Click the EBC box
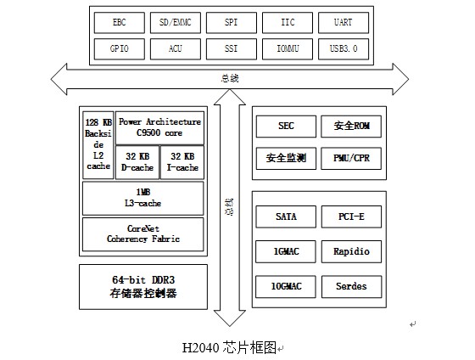(x=120, y=23)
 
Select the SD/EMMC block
(x=176, y=23)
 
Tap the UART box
(x=344, y=23)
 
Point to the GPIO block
(x=120, y=49)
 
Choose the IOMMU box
(x=288, y=49)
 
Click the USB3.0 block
(x=344, y=49)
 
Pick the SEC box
(x=286, y=127)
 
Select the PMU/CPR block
(x=351, y=158)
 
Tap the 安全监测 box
(x=286, y=158)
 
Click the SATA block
(x=286, y=217)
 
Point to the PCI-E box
(x=351, y=217)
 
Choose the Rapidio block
(x=351, y=251)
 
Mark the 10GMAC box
(x=286, y=286)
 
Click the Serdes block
(x=351, y=286)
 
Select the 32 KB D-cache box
(x=137, y=162)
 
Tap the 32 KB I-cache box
(x=182, y=162)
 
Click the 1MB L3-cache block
(x=143, y=199)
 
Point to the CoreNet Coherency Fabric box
(x=143, y=234)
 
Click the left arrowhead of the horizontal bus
(x=59, y=79)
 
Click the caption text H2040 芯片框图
(x=229, y=347)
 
